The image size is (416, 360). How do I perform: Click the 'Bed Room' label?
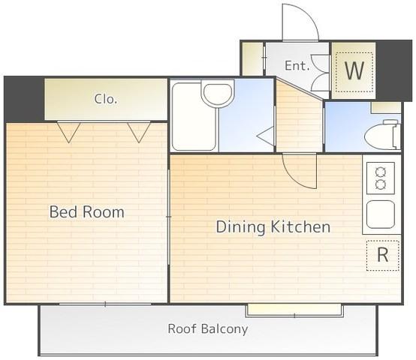(87, 212)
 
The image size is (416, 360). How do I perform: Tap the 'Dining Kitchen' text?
(273, 227)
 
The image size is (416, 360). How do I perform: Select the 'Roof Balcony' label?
(208, 328)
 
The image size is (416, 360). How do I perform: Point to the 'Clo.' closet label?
(106, 99)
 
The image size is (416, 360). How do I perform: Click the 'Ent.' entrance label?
(297, 66)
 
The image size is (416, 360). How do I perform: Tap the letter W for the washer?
(354, 70)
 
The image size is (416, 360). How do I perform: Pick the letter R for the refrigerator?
(382, 255)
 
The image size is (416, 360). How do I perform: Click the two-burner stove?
(381, 178)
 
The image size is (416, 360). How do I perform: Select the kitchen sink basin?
(381, 214)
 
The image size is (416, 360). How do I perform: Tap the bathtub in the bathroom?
(194, 117)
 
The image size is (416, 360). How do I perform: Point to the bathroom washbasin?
(218, 94)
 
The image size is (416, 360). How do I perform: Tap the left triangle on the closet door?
(69, 133)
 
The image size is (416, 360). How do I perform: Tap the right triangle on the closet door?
(139, 133)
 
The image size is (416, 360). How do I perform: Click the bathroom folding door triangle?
(266, 136)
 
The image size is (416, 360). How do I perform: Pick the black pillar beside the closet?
(25, 98)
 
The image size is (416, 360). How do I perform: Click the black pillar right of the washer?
(394, 70)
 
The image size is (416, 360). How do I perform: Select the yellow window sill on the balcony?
(294, 310)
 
